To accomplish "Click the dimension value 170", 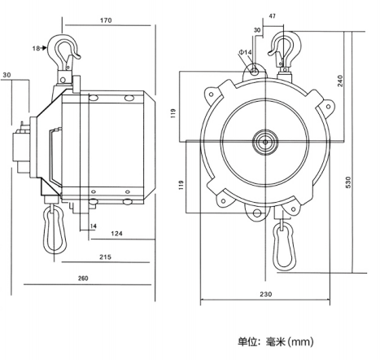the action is (x=106, y=20).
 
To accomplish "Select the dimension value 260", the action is (x=83, y=279).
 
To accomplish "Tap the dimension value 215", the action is (x=105, y=257).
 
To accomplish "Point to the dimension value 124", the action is (x=116, y=233).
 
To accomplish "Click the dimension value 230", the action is (x=266, y=294).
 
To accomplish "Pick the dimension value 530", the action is (x=348, y=182).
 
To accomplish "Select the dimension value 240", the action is (x=340, y=81).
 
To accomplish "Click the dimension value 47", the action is (x=273, y=16).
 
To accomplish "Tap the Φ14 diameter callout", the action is (x=245, y=52).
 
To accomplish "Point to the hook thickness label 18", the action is (x=36, y=48).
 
